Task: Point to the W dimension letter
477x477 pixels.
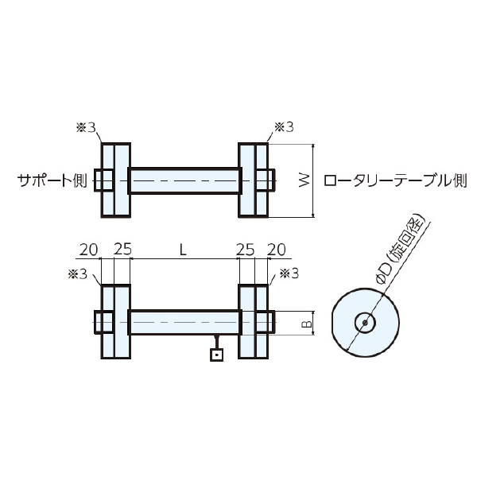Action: (304, 181)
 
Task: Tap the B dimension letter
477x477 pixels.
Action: (304, 324)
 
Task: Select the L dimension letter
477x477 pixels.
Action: (183, 249)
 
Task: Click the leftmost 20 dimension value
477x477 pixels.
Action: (88, 249)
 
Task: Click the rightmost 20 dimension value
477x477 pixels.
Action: (277, 249)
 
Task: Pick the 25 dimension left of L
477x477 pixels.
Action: (122, 249)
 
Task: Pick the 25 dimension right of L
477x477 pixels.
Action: (246, 249)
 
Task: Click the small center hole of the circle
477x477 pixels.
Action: (364, 323)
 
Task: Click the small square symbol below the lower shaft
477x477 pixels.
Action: (216, 355)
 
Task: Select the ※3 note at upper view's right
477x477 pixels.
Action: (284, 126)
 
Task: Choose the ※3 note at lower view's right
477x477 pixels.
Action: (289, 274)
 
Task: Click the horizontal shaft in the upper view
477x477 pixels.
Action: (184, 180)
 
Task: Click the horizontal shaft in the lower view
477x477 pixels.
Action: (184, 323)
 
